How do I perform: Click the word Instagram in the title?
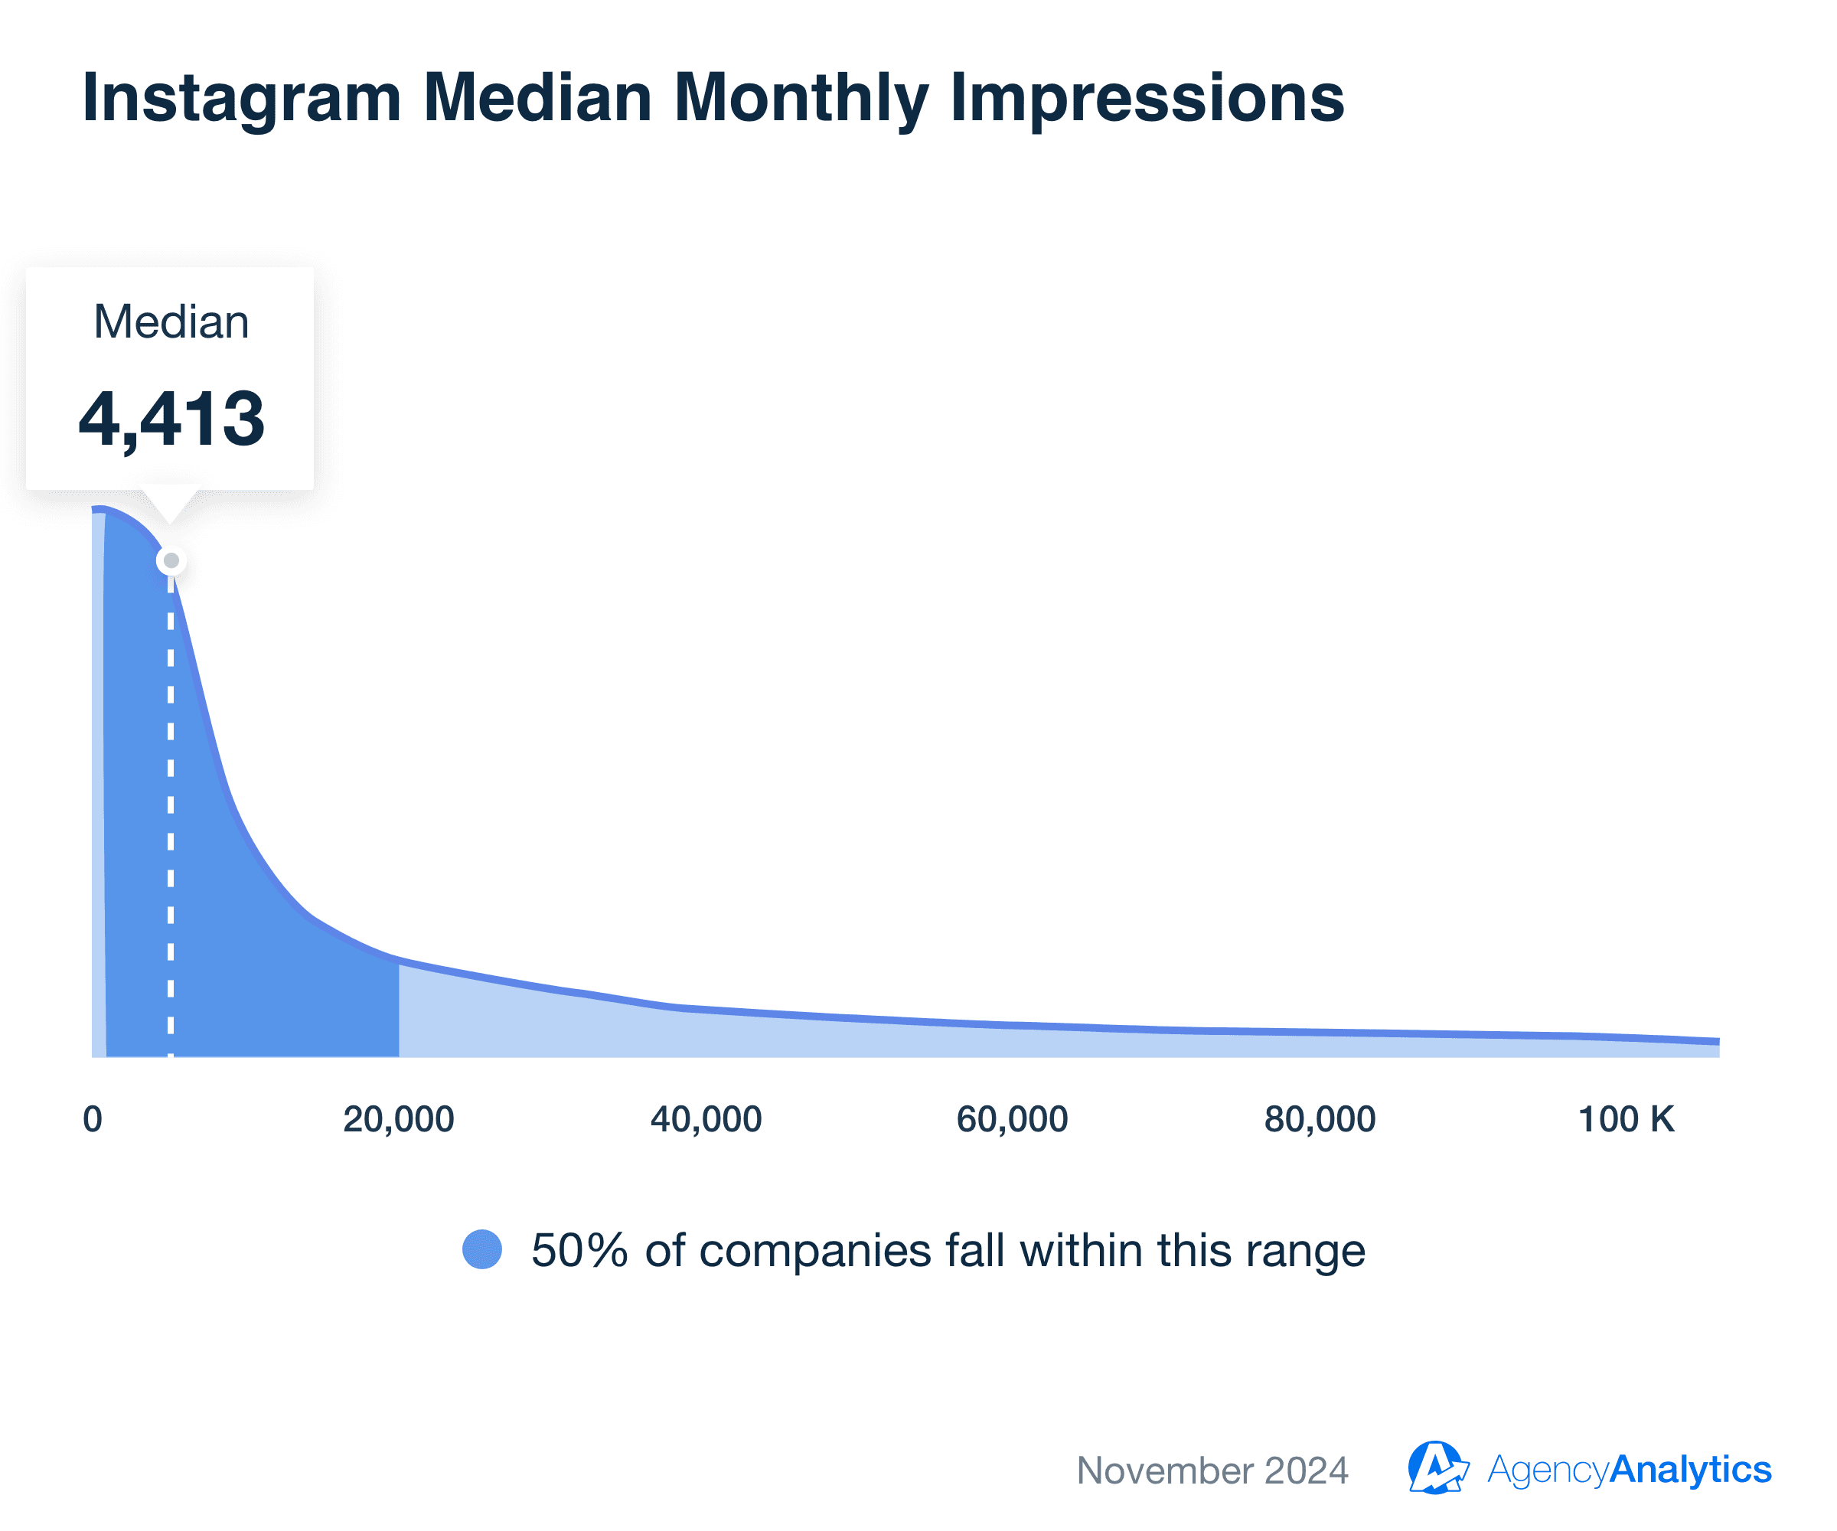(241, 99)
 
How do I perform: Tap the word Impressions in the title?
(1147, 99)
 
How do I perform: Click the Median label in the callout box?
(171, 322)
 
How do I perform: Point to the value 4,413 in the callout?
(171, 419)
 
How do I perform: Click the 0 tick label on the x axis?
(93, 1120)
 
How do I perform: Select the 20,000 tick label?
(399, 1120)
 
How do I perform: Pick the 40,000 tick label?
(706, 1120)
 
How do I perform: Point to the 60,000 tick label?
(1012, 1120)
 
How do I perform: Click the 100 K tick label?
(1625, 1120)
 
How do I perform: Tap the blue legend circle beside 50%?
(482, 1249)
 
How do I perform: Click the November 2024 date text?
(1212, 1471)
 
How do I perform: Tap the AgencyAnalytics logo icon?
(1437, 1468)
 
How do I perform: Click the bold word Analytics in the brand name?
(1690, 1470)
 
